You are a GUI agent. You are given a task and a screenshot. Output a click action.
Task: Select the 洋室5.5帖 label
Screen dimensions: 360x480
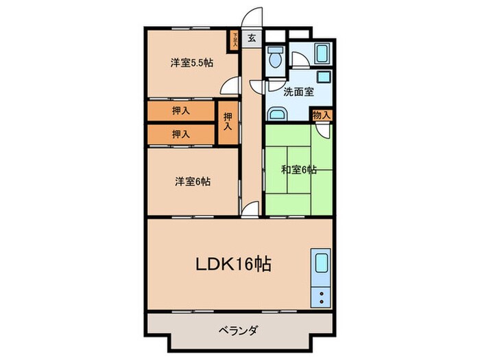click(191, 63)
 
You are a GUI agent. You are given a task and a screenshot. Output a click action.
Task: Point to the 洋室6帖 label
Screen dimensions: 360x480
click(192, 182)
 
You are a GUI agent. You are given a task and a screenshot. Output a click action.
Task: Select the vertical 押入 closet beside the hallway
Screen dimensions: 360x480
click(228, 122)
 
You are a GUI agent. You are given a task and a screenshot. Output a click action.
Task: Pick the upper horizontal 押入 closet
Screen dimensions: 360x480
click(181, 110)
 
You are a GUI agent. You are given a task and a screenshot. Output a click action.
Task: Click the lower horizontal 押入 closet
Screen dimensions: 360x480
click(181, 133)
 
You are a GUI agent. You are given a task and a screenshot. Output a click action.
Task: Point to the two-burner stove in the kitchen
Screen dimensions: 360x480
click(321, 297)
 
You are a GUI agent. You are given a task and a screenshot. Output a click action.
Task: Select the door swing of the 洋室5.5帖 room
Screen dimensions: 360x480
click(231, 86)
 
